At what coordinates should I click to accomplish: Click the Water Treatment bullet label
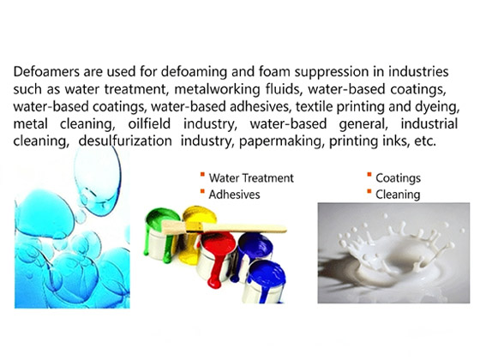pos(251,178)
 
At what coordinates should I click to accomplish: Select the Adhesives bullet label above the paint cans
pos(236,195)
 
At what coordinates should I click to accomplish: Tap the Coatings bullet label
pos(400,178)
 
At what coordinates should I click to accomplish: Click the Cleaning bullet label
pos(399,195)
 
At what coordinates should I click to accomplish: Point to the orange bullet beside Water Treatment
pos(201,177)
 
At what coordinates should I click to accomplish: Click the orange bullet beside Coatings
pos(369,177)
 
